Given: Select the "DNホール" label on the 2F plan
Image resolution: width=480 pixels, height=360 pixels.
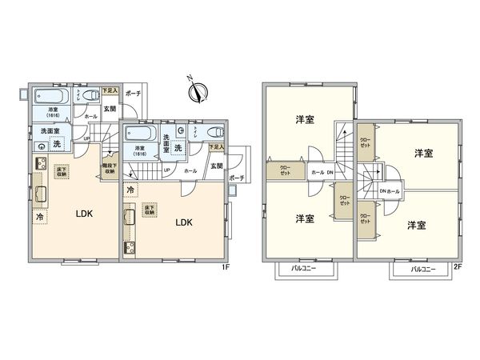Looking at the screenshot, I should point(390,190).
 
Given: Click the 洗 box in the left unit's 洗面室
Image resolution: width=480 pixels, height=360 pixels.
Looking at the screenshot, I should point(56,145).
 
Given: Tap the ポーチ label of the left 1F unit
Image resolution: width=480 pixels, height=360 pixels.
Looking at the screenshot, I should point(133,94).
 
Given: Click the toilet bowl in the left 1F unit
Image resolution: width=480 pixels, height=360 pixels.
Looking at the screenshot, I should point(78,93).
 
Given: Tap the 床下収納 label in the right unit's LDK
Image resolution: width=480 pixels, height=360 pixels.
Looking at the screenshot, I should point(149,210).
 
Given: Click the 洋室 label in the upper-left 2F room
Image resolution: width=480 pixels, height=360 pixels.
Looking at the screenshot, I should point(305,120).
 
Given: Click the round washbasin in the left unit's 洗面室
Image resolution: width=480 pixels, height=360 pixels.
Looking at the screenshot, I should point(40,146).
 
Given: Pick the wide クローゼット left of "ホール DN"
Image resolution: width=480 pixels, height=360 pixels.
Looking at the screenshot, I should point(285,170).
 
